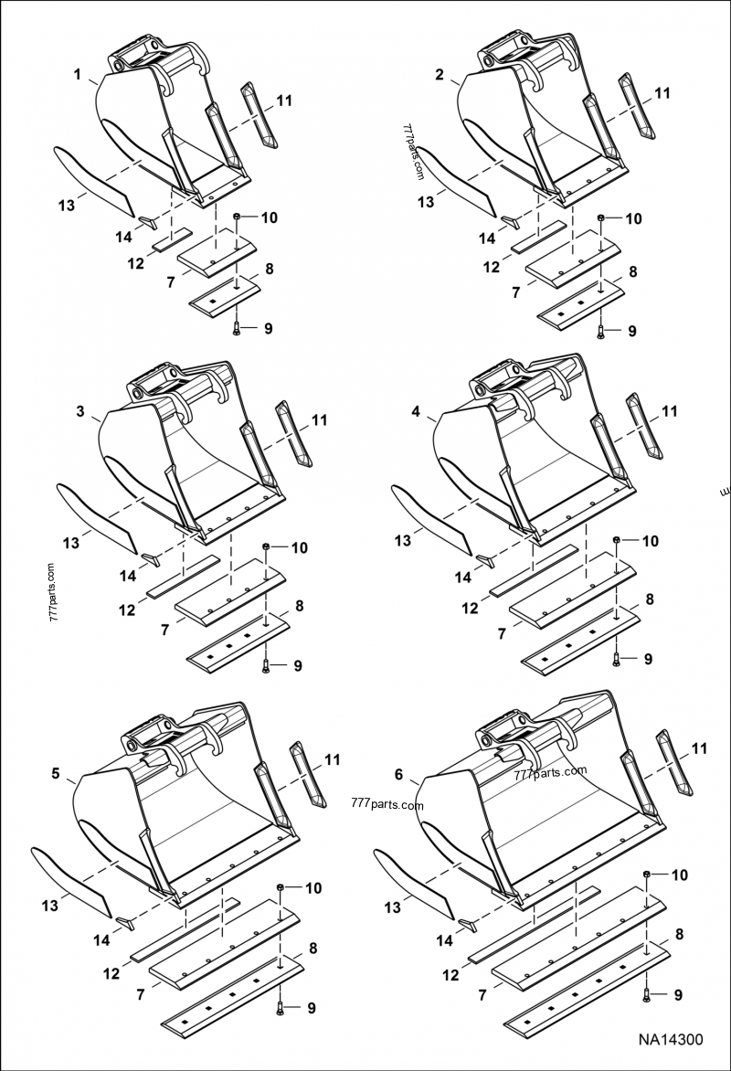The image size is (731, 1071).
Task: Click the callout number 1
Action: click(x=78, y=72)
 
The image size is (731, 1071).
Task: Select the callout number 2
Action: click(x=440, y=75)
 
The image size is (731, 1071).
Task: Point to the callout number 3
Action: click(x=80, y=411)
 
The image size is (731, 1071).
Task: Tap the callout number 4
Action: click(x=417, y=412)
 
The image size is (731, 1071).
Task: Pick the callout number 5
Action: click(x=56, y=773)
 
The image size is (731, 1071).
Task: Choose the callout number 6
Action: click(x=398, y=774)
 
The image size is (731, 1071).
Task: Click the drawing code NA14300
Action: click(x=671, y=1039)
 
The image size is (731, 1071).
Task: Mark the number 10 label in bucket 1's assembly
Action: click(x=269, y=217)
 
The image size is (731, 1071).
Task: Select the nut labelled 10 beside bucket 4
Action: click(x=619, y=541)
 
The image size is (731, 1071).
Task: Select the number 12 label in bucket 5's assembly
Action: click(x=112, y=974)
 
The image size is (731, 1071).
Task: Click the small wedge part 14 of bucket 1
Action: click(x=147, y=221)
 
